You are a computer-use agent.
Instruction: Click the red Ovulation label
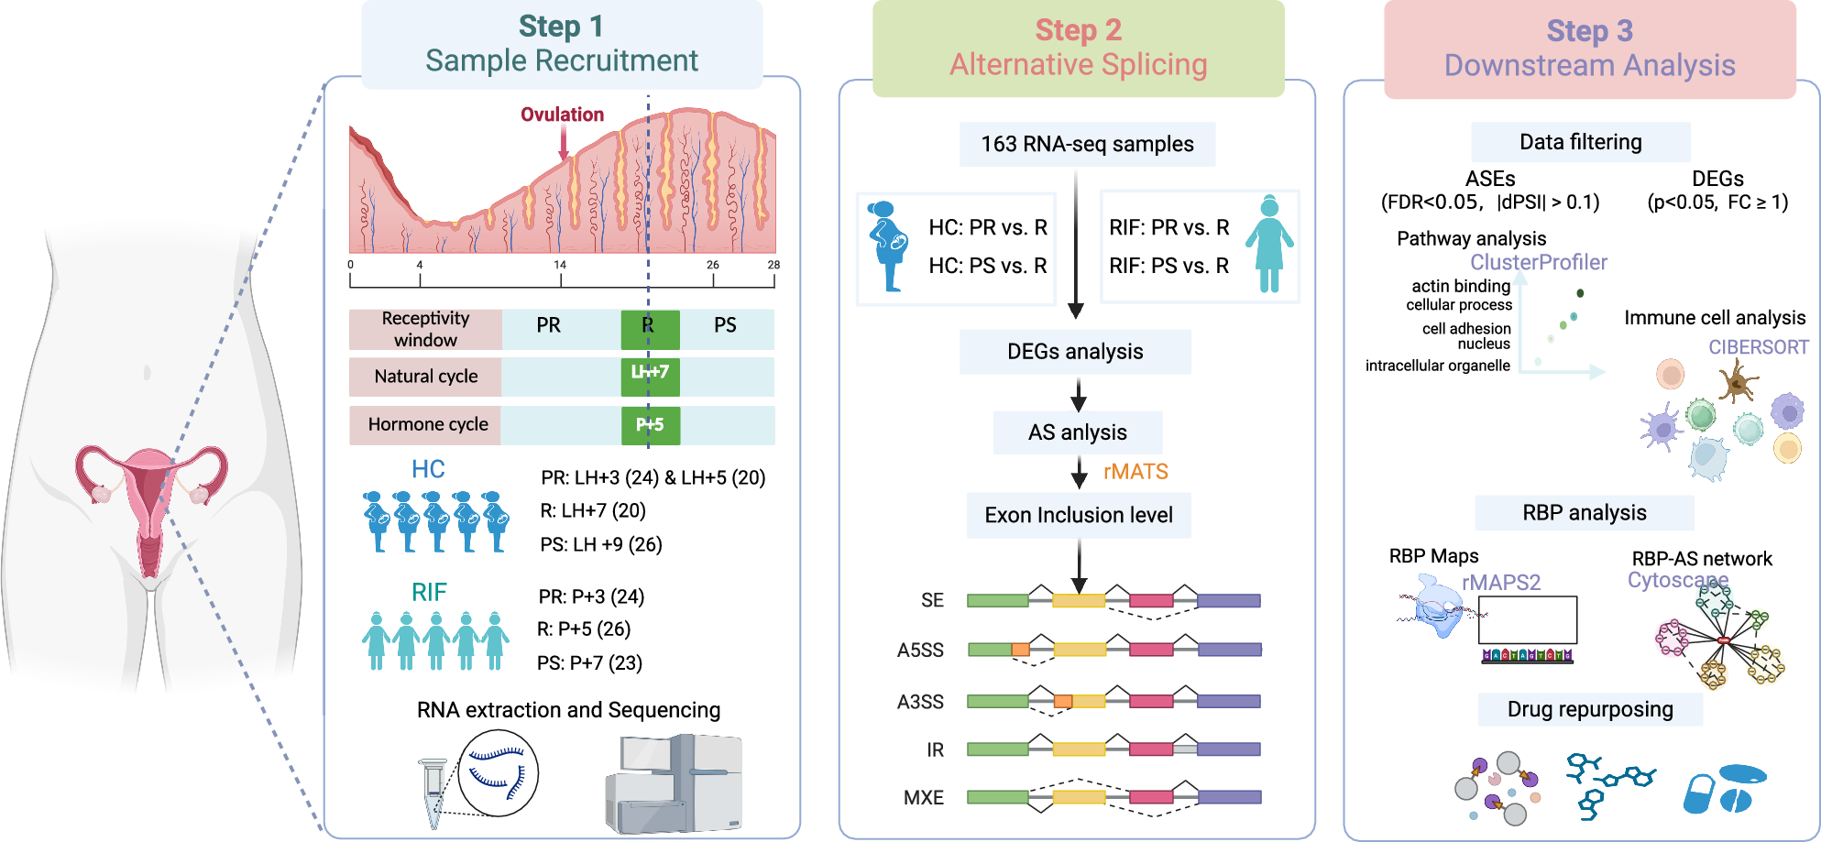pyautogui.click(x=562, y=115)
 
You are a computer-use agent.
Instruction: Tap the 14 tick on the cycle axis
pyautogui.click(x=560, y=265)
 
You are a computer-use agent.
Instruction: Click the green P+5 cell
pyautogui.click(x=650, y=425)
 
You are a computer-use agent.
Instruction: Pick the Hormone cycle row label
pyautogui.click(x=427, y=424)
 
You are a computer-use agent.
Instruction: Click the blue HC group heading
pyautogui.click(x=428, y=469)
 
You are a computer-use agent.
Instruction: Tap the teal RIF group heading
pyautogui.click(x=429, y=593)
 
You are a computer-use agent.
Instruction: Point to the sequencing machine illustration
pyautogui.click(x=674, y=783)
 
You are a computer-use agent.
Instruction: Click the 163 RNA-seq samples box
pyautogui.click(x=1087, y=144)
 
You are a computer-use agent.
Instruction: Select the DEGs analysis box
pyautogui.click(x=1075, y=352)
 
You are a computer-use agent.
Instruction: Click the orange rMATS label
pyautogui.click(x=1135, y=472)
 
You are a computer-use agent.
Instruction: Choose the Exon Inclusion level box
pyautogui.click(x=1079, y=515)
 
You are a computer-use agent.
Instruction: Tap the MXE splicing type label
pyautogui.click(x=923, y=798)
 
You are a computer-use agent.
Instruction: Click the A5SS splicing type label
pyautogui.click(x=920, y=651)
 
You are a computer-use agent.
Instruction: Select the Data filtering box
pyautogui.click(x=1580, y=142)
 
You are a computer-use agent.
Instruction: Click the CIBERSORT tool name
pyautogui.click(x=1758, y=347)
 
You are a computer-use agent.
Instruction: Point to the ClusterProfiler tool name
pyautogui.click(x=1539, y=263)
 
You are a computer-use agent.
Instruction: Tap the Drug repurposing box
pyautogui.click(x=1590, y=709)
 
